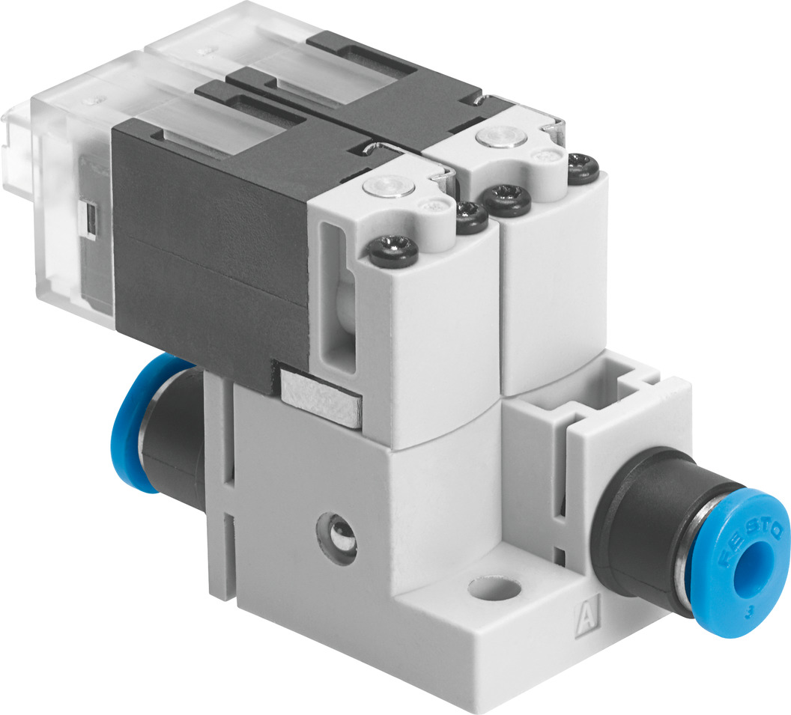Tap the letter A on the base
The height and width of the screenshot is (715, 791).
point(584,615)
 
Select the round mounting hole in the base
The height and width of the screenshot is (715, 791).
point(496,590)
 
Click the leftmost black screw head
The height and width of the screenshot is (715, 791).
point(393,249)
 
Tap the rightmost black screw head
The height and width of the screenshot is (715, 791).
point(581,166)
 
